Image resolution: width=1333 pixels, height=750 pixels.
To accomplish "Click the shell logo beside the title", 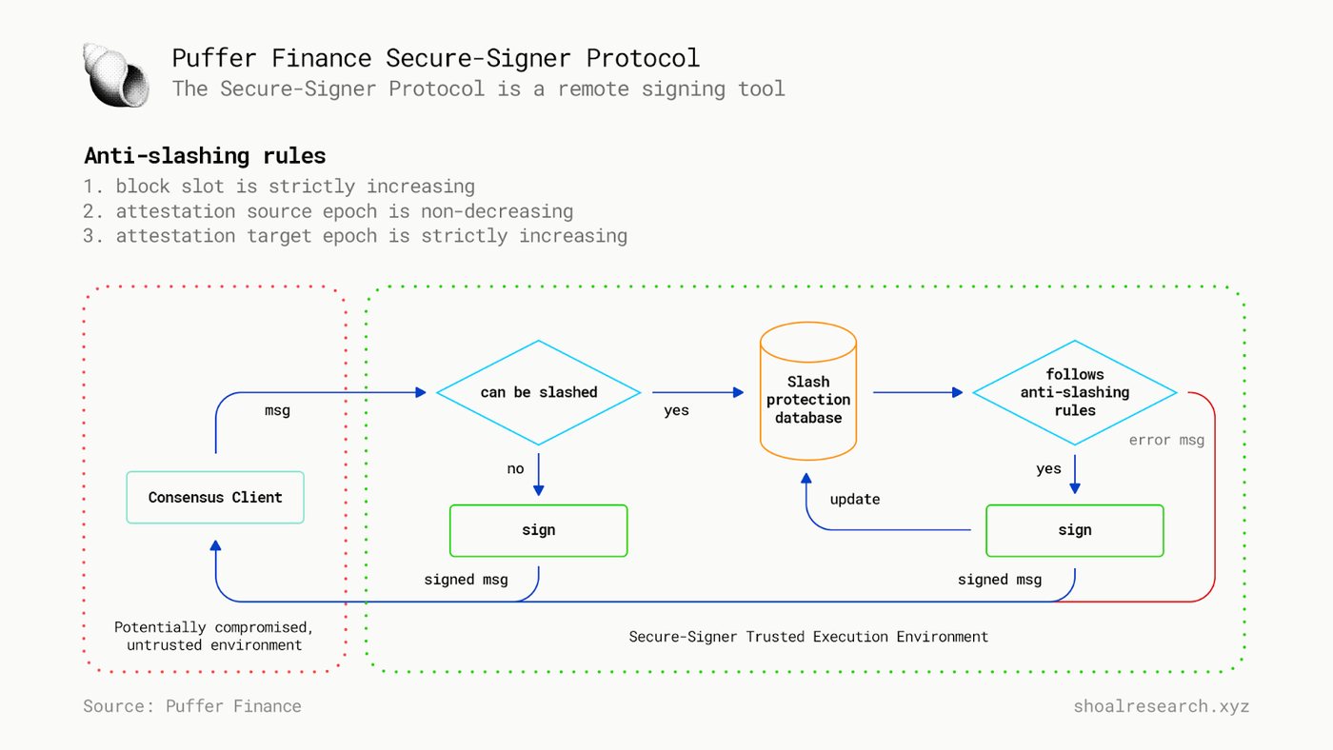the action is [x=116, y=75].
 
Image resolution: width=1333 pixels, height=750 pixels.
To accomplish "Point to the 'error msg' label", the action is [x=1166, y=440].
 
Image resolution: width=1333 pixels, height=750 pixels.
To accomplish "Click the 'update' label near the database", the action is [x=855, y=500].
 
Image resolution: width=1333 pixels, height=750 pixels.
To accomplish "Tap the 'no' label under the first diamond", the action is [x=515, y=468].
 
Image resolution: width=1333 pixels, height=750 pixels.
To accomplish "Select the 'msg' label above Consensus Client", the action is [x=277, y=411].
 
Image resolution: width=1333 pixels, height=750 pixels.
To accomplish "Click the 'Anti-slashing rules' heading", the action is [x=205, y=156].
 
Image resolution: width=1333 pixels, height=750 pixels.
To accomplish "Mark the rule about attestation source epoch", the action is [x=328, y=211].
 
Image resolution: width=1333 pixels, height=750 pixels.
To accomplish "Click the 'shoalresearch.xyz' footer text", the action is [x=1161, y=706].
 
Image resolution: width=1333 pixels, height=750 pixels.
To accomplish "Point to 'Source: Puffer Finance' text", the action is [x=192, y=706].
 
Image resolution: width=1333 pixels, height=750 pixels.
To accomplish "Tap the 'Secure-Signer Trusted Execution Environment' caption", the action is [x=808, y=637].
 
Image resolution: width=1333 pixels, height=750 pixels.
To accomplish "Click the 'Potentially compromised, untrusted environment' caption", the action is [x=213, y=636].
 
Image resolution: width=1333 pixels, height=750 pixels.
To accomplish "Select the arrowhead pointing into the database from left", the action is [x=739, y=392].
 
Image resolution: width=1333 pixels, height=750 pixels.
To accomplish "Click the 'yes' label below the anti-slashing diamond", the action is [x=1048, y=469].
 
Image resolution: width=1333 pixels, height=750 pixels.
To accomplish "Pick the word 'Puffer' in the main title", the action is [x=214, y=58].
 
